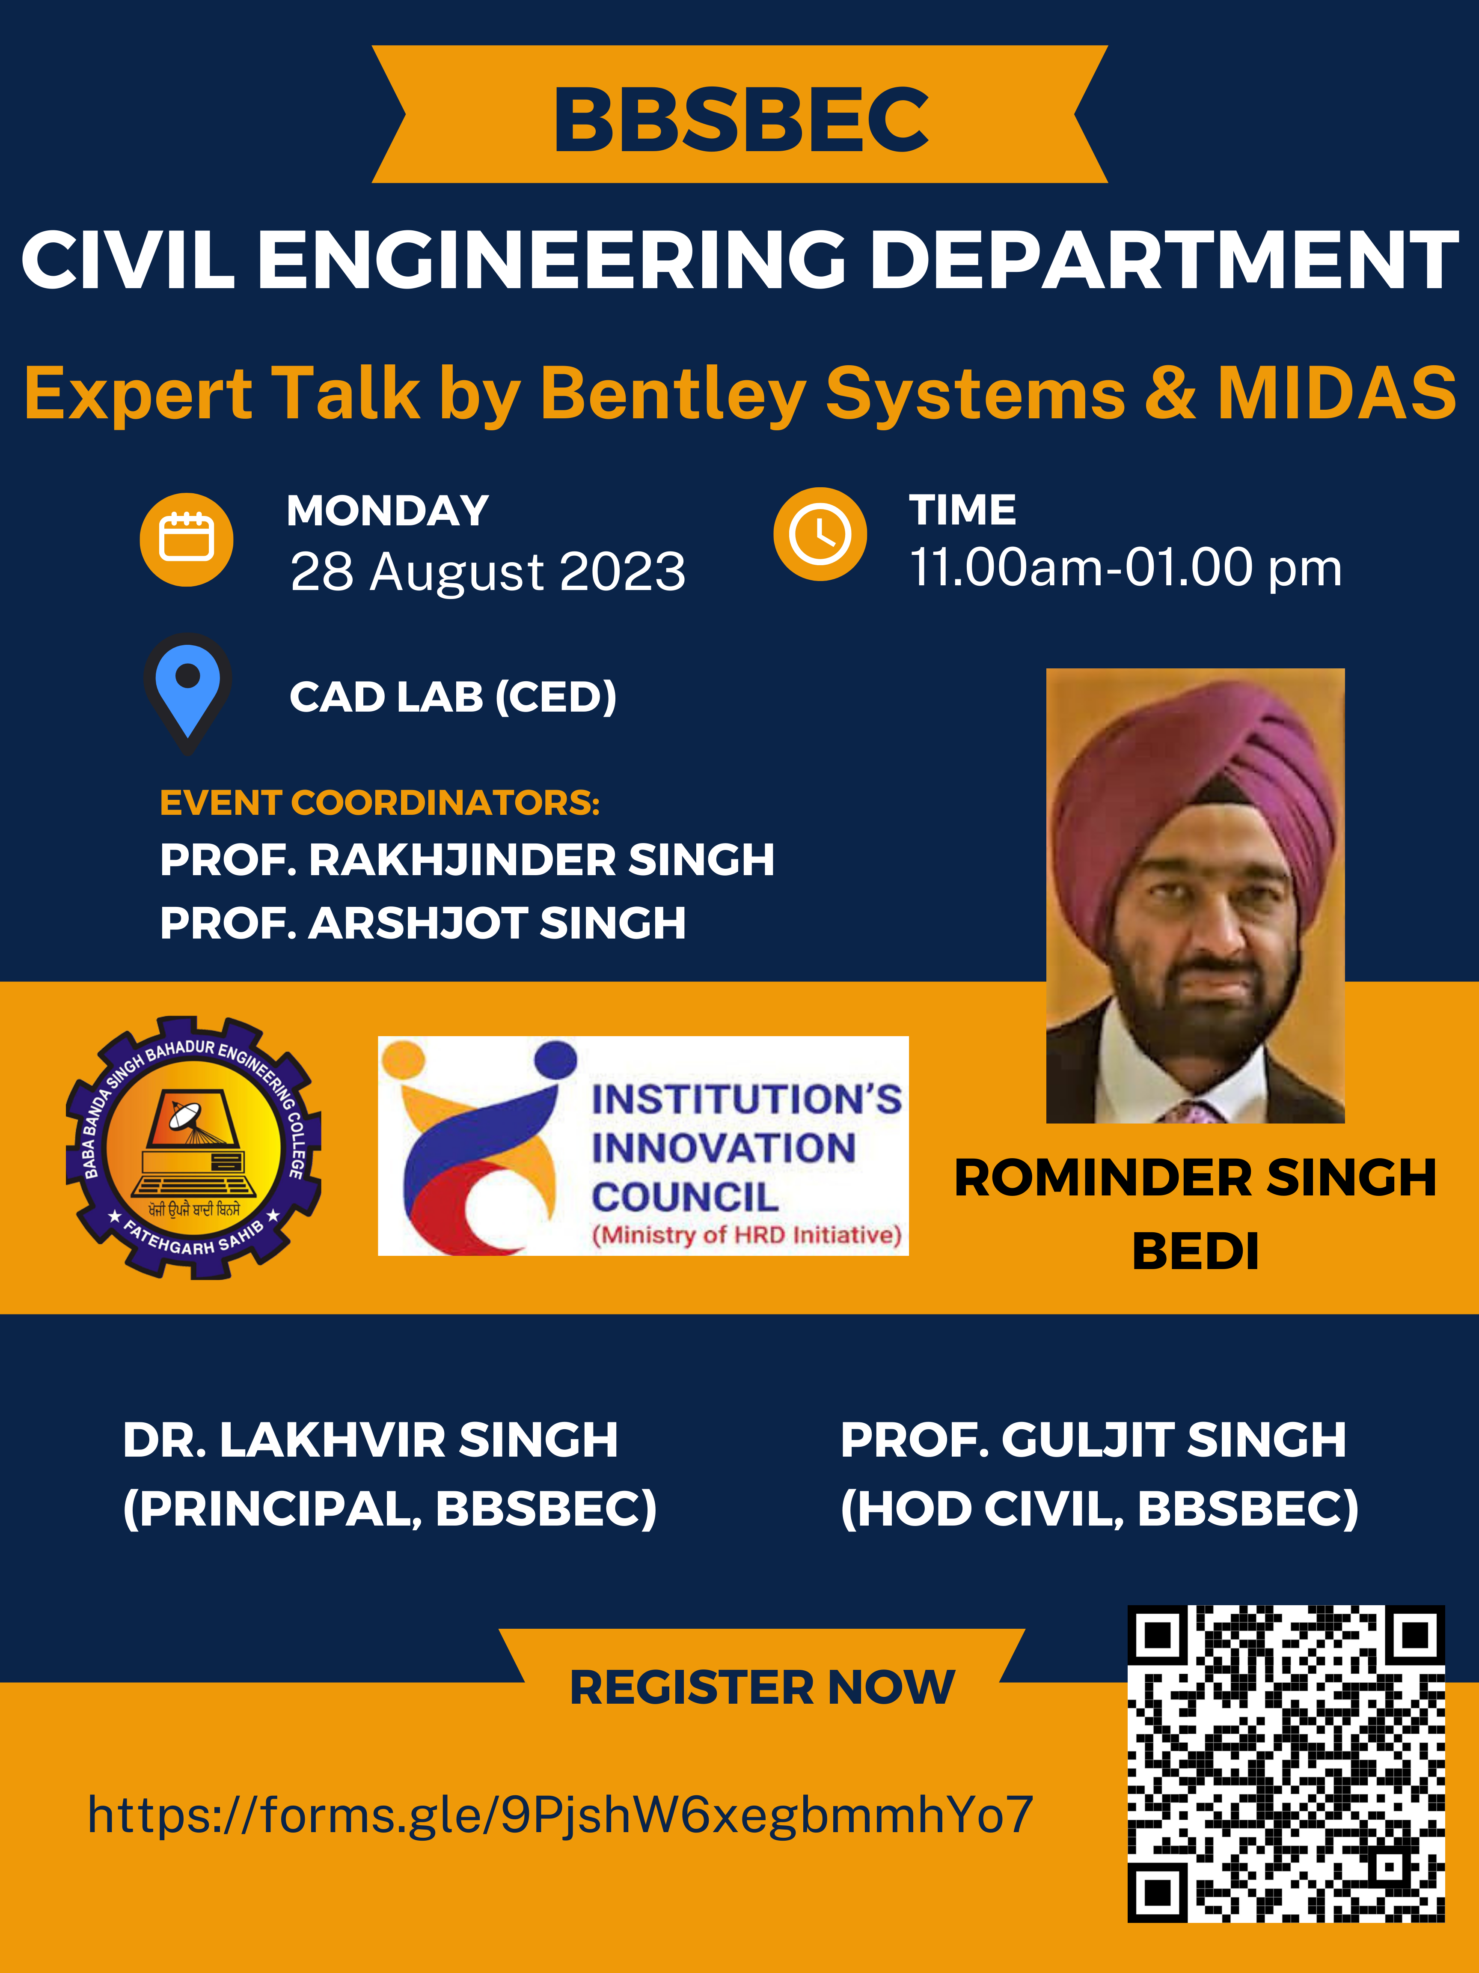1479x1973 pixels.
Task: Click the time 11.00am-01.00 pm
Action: click(x=1125, y=567)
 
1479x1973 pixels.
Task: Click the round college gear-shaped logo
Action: click(x=193, y=1147)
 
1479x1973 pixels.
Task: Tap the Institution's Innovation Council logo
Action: click(x=643, y=1145)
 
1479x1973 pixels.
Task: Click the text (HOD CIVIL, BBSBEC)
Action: click(x=1099, y=1509)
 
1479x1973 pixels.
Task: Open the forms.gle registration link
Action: click(x=560, y=1814)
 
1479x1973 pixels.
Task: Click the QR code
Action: click(x=1286, y=1763)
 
